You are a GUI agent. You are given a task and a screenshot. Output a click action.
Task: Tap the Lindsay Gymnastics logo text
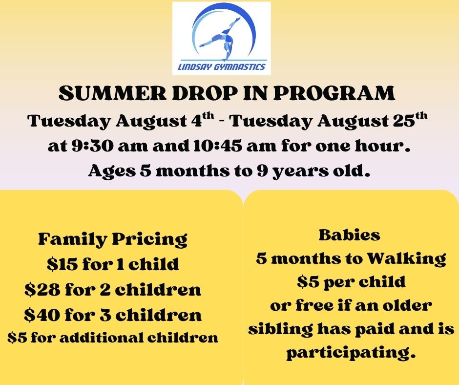pyautogui.click(x=222, y=67)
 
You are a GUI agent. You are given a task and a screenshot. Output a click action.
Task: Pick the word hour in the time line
pyautogui.click(x=382, y=146)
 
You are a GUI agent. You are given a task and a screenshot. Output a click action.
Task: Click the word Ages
pyautogui.click(x=112, y=171)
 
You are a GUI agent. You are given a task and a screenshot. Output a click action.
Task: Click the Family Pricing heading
pyautogui.click(x=113, y=239)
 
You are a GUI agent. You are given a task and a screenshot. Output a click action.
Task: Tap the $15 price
pyautogui.click(x=63, y=264)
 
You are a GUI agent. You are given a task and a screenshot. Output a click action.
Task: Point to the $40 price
pyautogui.click(x=42, y=315)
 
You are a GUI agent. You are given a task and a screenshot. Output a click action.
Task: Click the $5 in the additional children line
pyautogui.click(x=17, y=338)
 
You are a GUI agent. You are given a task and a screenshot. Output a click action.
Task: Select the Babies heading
pyautogui.click(x=349, y=235)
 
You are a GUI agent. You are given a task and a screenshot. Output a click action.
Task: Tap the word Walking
pyautogui.click(x=407, y=259)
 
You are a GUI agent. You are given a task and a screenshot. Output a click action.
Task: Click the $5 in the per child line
pyautogui.click(x=308, y=282)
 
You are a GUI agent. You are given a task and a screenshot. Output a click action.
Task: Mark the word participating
pyautogui.click(x=351, y=352)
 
